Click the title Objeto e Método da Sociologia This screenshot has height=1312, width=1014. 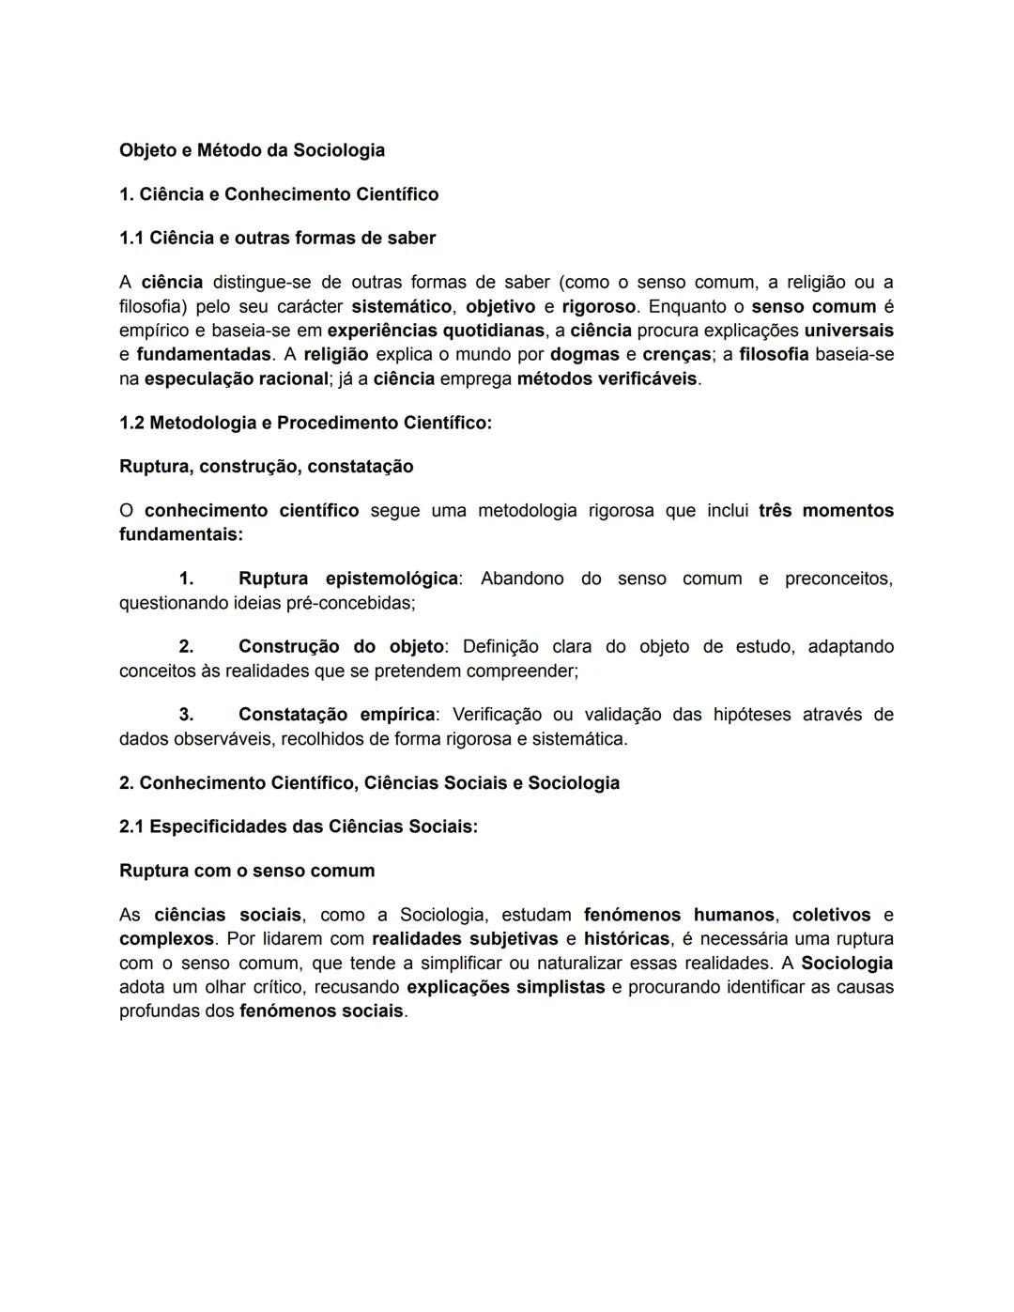pyautogui.click(x=252, y=150)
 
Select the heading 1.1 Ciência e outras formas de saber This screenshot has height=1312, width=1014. pyautogui.click(x=277, y=238)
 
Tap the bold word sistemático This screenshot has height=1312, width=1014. pyautogui.click(x=401, y=307)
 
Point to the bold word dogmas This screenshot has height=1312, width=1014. pyautogui.click(x=584, y=355)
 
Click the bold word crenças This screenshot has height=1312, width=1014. pyautogui.click(x=676, y=355)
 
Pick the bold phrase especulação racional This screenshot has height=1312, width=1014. pyautogui.click(x=237, y=379)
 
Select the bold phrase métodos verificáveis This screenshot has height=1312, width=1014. pyautogui.click(x=607, y=379)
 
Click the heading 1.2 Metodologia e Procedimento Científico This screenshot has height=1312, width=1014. pyautogui.click(x=305, y=423)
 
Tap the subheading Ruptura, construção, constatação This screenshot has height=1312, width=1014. pyautogui.click(x=266, y=467)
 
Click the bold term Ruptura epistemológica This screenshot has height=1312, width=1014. pyautogui.click(x=347, y=579)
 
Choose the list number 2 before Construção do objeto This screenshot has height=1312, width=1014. pyautogui.click(x=186, y=647)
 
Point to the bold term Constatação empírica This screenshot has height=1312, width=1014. pyautogui.click(x=336, y=715)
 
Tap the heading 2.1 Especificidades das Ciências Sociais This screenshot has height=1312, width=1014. pyautogui.click(x=299, y=826)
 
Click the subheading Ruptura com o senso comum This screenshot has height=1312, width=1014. pyautogui.click(x=247, y=871)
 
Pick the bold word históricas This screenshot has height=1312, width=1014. pyautogui.click(x=626, y=939)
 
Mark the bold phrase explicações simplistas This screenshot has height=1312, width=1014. pyautogui.click(x=505, y=987)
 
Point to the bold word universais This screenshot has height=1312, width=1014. pyautogui.click(x=848, y=331)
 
